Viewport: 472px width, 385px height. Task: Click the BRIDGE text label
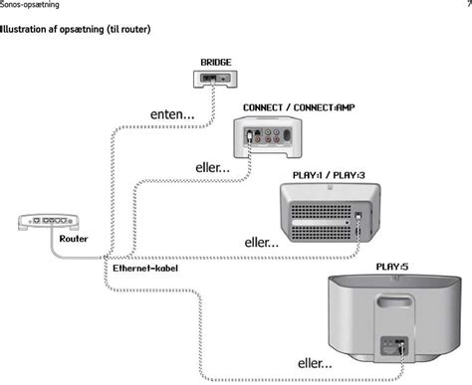coord(216,62)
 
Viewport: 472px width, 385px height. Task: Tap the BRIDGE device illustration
coord(216,77)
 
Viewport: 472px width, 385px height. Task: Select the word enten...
coord(171,115)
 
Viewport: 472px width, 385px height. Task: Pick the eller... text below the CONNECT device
coord(212,168)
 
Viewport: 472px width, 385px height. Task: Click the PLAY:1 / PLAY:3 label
coord(329,175)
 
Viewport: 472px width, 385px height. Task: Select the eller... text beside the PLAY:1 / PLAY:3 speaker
coord(262,242)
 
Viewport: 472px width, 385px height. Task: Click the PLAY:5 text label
coord(391,266)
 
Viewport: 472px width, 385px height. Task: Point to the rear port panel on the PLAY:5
coord(391,348)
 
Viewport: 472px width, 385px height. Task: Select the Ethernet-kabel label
coord(145,269)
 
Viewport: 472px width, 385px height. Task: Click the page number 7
coord(467,5)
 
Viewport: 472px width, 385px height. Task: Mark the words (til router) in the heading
coord(127,29)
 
